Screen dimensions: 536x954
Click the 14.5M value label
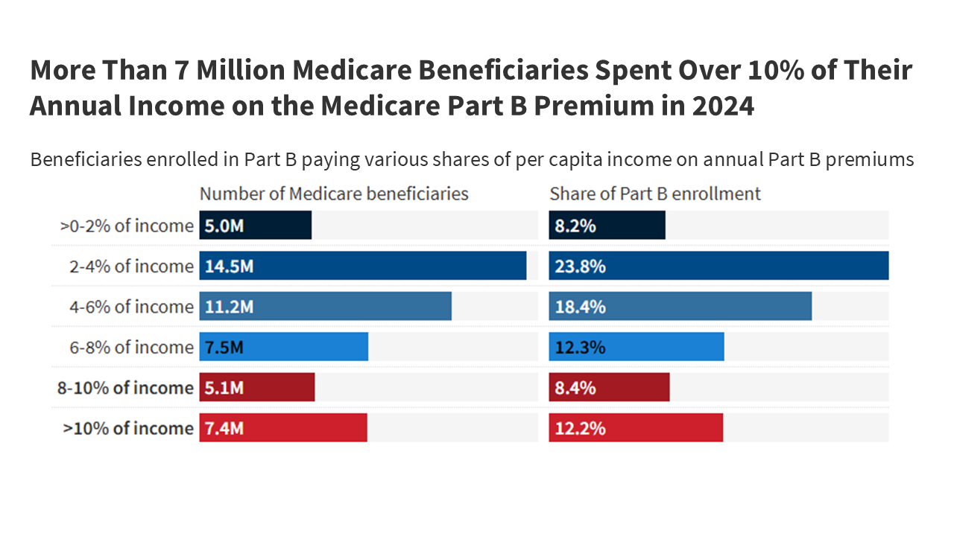(229, 267)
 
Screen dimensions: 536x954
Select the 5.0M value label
(224, 226)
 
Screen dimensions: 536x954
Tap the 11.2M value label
(229, 307)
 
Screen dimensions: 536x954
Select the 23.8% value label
(580, 267)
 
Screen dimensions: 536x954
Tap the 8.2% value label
(575, 226)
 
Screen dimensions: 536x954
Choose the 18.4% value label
(580, 307)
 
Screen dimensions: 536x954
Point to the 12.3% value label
(580, 348)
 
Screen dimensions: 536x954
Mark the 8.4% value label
(575, 388)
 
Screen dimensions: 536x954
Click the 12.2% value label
(580, 428)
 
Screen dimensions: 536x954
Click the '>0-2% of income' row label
(127, 226)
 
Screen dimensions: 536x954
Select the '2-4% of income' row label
(131, 267)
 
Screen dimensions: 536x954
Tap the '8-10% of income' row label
(125, 388)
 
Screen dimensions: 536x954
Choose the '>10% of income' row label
(128, 428)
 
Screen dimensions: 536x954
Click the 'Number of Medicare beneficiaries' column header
(334, 194)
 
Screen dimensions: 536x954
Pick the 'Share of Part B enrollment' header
(655, 194)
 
